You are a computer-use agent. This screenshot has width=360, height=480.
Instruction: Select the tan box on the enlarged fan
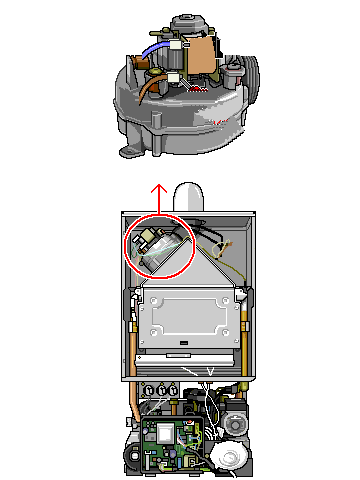[x=205, y=55]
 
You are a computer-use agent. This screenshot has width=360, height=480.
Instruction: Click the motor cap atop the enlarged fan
[x=183, y=22]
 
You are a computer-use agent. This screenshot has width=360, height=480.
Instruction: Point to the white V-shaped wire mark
[x=210, y=372]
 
